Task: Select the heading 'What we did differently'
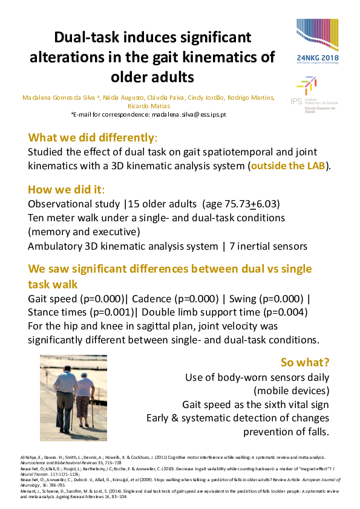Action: click(93, 137)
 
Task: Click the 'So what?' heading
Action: click(305, 363)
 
